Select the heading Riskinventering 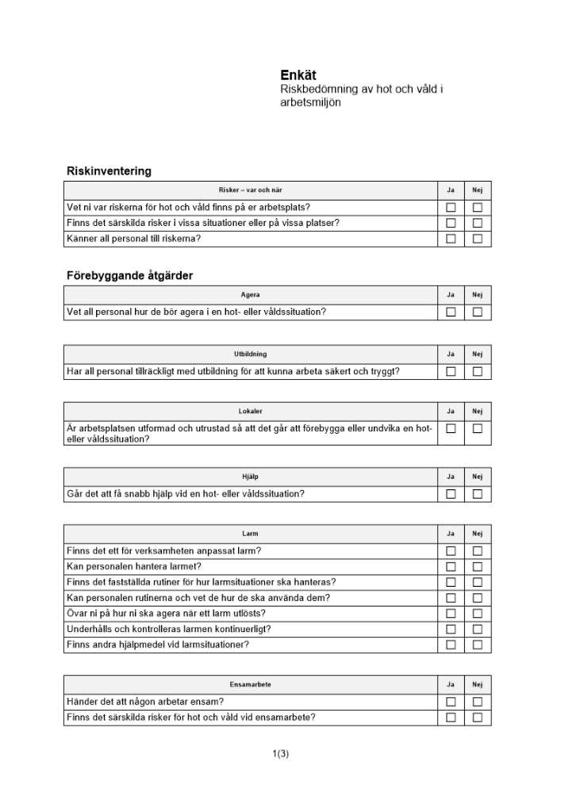coord(109,170)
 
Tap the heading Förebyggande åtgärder coord(129,275)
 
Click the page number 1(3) coord(280,753)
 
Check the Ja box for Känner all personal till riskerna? coord(451,239)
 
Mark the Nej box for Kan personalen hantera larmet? coord(478,566)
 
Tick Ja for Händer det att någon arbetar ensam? coord(451,702)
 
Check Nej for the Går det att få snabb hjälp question coord(478,494)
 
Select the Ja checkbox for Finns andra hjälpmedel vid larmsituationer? coord(451,645)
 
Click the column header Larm coord(250,534)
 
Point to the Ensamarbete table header coord(250,684)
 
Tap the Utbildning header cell coord(250,354)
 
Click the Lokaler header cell coord(250,411)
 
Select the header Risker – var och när coord(250,190)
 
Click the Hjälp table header coord(250,477)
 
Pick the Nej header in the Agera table coord(478,295)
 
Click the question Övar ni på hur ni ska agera coord(166,613)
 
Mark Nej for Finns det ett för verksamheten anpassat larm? coord(478,551)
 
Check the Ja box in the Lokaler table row coord(451,428)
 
